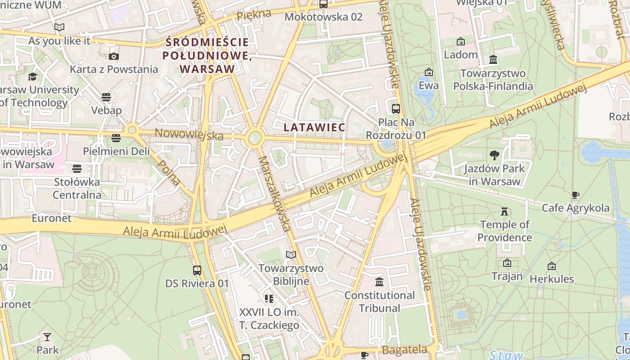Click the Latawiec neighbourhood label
[315, 127]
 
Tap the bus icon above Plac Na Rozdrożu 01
[396, 108]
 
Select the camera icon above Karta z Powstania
[114, 56]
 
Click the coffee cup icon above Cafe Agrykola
[575, 195]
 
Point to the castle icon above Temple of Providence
[504, 211]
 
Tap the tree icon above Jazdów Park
[494, 155]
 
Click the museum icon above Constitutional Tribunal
[379, 282]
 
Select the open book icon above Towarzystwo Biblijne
[291, 255]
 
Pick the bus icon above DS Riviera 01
[197, 270]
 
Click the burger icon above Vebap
[106, 97]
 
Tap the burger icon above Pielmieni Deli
[116, 138]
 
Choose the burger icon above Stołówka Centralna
[77, 169]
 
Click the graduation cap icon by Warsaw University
[32, 76]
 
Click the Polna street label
[170, 172]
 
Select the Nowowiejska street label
[189, 134]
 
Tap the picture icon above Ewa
[429, 72]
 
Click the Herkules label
[552, 279]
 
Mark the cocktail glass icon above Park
[47, 337]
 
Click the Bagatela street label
[405, 350]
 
